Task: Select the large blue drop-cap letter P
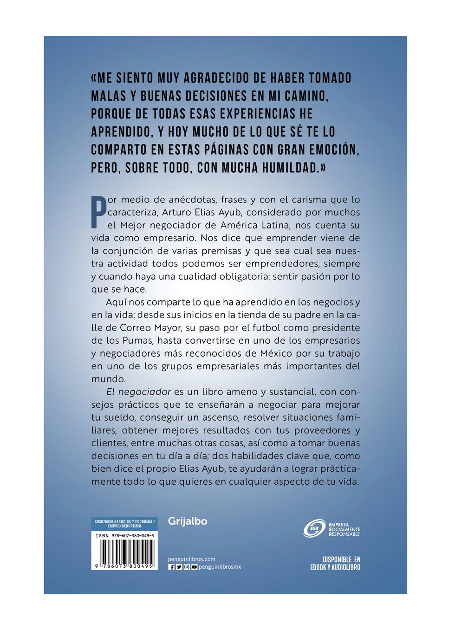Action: [98, 213]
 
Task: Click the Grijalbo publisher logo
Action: [188, 521]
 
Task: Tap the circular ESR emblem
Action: [314, 528]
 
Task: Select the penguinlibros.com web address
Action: [191, 559]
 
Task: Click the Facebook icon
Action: [172, 567]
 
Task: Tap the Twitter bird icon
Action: [179, 567]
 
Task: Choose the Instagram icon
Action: [187, 567]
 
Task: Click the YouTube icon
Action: [194, 567]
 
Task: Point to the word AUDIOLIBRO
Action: [345, 567]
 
